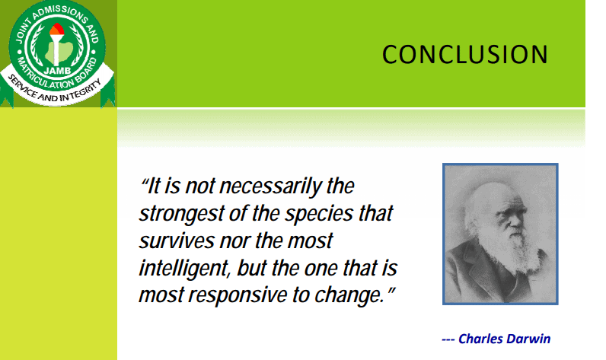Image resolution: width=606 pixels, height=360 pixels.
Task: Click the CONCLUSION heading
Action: point(465,54)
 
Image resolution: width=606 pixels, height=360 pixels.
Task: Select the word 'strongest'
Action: point(181,214)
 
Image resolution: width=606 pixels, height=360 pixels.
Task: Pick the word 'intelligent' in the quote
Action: point(185,269)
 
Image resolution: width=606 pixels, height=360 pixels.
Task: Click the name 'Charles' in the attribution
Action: point(480,339)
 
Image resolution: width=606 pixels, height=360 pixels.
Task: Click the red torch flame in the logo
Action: point(57,30)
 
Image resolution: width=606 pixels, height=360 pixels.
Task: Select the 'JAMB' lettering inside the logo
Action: point(57,71)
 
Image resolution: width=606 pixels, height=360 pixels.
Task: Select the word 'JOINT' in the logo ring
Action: point(22,32)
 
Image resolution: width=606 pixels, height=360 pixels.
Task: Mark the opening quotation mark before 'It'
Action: point(144,181)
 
